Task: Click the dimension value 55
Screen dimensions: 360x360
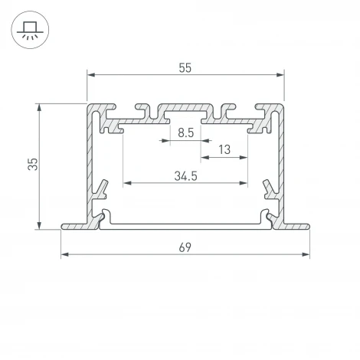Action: click(x=185, y=67)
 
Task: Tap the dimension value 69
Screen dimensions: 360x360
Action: click(x=185, y=247)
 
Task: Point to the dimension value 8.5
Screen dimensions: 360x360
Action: click(x=185, y=133)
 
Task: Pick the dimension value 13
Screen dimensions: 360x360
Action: click(x=224, y=150)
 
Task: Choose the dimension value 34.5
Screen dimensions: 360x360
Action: click(x=185, y=175)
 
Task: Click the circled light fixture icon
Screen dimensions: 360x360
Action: click(x=28, y=28)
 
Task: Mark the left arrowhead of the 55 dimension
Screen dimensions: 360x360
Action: click(x=90, y=75)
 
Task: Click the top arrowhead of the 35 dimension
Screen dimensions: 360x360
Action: click(x=38, y=107)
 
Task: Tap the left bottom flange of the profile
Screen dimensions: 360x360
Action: click(x=77, y=226)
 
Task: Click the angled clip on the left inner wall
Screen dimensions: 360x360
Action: click(x=101, y=187)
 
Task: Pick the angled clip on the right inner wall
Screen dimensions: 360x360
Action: click(x=268, y=187)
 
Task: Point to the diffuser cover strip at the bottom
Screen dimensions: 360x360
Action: click(x=185, y=224)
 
